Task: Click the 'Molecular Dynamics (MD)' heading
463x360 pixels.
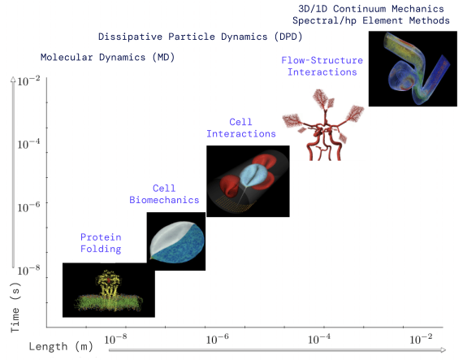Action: point(107,57)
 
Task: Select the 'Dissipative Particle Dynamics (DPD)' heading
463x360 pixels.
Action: point(200,37)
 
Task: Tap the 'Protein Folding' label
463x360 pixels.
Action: point(101,243)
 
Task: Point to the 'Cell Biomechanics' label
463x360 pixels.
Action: point(164,194)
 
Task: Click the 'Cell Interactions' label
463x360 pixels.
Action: point(241,128)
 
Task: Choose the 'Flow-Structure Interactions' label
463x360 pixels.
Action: point(322,66)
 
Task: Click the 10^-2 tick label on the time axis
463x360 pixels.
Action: point(28,81)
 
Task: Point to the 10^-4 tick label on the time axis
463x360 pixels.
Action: point(28,144)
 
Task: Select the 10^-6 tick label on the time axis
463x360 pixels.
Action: point(28,207)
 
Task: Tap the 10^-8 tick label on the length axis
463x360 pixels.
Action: point(115,340)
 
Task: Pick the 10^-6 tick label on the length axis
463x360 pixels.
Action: point(218,340)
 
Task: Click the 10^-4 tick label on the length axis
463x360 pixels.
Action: point(319,340)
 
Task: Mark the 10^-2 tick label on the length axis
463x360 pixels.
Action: point(421,340)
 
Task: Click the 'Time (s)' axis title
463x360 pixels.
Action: point(15,307)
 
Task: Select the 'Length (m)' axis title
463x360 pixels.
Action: point(61,346)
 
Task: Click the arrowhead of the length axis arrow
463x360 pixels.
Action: point(443,350)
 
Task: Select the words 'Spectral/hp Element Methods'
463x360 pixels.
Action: point(371,20)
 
